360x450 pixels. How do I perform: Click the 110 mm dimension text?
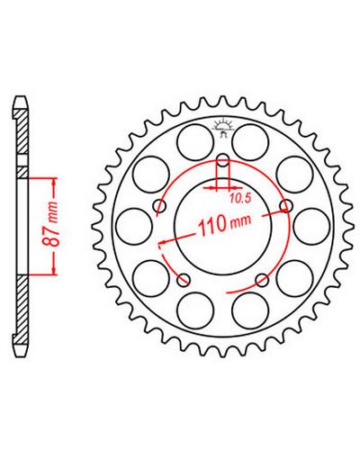pos(224,224)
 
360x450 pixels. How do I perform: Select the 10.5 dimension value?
pos(240,198)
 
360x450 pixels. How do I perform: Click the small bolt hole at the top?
pos(222,161)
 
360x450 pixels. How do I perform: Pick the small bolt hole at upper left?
pos(160,206)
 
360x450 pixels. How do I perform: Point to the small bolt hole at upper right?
pos(286,206)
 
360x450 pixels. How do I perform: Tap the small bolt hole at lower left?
pos(184,280)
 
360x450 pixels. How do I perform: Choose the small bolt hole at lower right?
pos(262,280)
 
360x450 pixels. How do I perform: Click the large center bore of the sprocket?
pos(223,226)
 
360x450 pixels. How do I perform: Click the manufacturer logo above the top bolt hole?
pos(222,127)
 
